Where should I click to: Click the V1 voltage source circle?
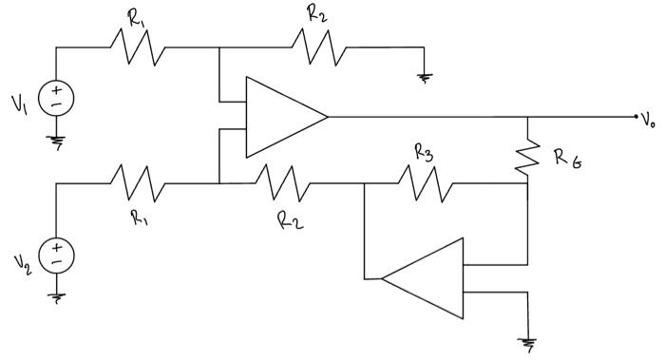pyautogui.click(x=57, y=98)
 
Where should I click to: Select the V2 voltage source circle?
pyautogui.click(x=57, y=254)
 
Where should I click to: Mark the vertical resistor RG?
pyautogui.click(x=527, y=153)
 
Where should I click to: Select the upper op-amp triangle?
pyautogui.click(x=280, y=117)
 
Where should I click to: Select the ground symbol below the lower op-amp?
pyautogui.click(x=526, y=343)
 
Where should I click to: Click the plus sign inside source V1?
pyautogui.click(x=57, y=89)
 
